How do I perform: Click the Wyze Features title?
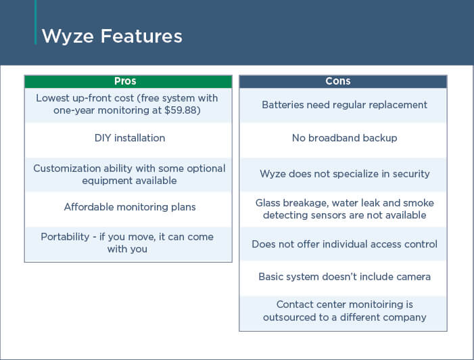(x=112, y=37)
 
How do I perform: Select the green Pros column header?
(x=128, y=81)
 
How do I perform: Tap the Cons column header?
(x=343, y=81)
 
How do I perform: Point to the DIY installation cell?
(x=128, y=140)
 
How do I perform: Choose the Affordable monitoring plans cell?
(x=128, y=208)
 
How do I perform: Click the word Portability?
(x=65, y=237)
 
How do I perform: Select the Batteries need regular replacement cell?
(x=343, y=106)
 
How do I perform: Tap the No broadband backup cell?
(x=343, y=140)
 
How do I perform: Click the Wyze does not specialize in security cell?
(x=343, y=175)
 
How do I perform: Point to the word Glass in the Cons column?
(x=266, y=203)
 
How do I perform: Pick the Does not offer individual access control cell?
(x=343, y=244)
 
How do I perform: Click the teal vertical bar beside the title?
(x=36, y=22)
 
